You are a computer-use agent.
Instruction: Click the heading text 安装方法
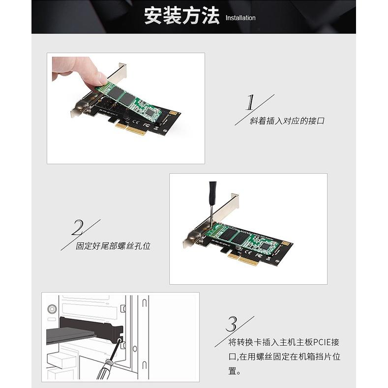pyautogui.click(x=181, y=16)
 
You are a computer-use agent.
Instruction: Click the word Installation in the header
pyautogui.click(x=240, y=18)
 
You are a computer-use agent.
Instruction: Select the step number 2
pyautogui.click(x=77, y=228)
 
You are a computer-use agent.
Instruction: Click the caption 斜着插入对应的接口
pyautogui.click(x=287, y=120)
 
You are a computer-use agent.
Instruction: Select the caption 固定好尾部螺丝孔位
pyautogui.click(x=113, y=245)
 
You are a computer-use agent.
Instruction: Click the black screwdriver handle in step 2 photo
pyautogui.click(x=212, y=193)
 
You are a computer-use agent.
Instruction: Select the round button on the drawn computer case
pyautogui.click(x=52, y=309)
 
